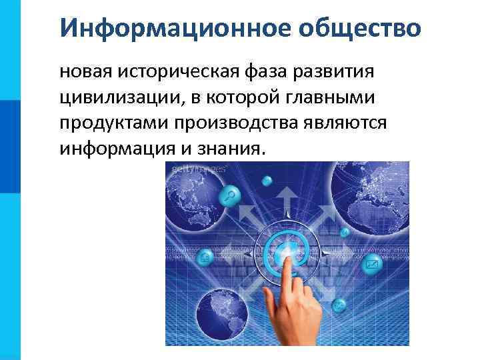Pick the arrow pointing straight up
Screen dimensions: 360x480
pyautogui.click(x=287, y=197)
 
